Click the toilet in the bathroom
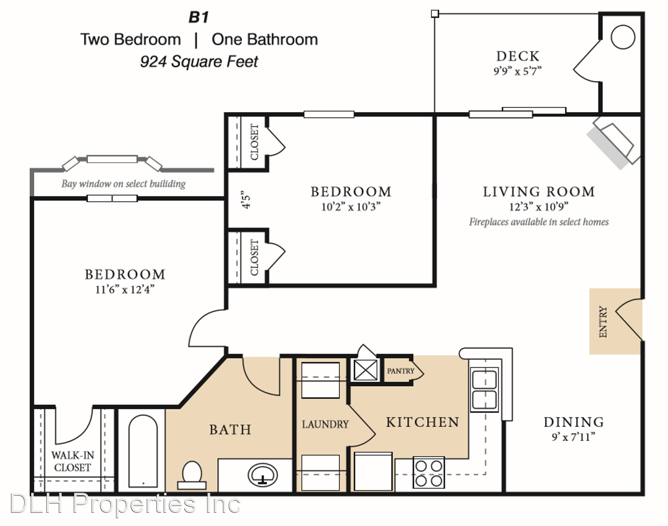[x=191, y=475]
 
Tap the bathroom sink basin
[x=262, y=474]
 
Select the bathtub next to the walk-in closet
[x=143, y=451]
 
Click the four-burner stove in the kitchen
[x=428, y=472]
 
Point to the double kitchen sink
[x=484, y=389]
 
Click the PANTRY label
[x=400, y=371]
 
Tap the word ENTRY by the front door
[x=603, y=321]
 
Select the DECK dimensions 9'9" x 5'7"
[x=518, y=71]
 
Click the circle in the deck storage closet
[x=623, y=37]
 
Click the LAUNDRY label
[x=325, y=424]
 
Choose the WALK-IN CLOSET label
[x=73, y=461]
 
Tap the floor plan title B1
[x=199, y=17]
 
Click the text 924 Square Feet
[x=199, y=61]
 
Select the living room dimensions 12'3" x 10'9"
[x=538, y=207]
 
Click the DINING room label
[x=574, y=422]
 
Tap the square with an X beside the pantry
[x=365, y=370]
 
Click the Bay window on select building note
[x=124, y=184]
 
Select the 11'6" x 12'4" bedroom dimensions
[x=125, y=289]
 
